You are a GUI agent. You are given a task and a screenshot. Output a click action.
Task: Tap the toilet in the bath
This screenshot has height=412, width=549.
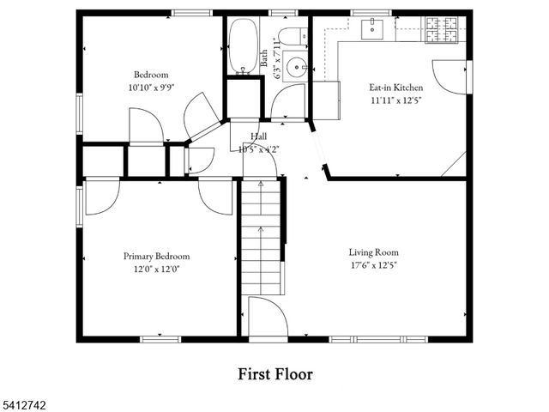click(x=292, y=36)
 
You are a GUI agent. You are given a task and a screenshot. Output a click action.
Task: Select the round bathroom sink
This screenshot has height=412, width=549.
click(x=295, y=66)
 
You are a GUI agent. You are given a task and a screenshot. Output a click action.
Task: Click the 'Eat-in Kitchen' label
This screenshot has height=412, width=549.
click(x=395, y=87)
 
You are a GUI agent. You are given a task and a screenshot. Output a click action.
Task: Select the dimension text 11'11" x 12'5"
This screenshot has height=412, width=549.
click(x=395, y=99)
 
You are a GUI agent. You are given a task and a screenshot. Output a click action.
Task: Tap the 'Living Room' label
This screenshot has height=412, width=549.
click(x=373, y=252)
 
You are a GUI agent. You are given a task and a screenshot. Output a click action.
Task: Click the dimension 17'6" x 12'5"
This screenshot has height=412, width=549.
click(x=373, y=265)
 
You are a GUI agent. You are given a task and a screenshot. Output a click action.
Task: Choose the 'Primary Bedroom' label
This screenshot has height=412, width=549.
click(x=156, y=256)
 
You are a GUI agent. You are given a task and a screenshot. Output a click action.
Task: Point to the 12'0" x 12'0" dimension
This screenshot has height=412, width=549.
click(x=156, y=269)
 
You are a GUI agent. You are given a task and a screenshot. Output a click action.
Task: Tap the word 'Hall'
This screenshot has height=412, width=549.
click(x=258, y=136)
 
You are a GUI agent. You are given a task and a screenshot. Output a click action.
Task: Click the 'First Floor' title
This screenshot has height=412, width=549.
click(x=274, y=374)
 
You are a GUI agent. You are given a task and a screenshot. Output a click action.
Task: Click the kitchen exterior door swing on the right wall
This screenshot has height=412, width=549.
click(x=450, y=77)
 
